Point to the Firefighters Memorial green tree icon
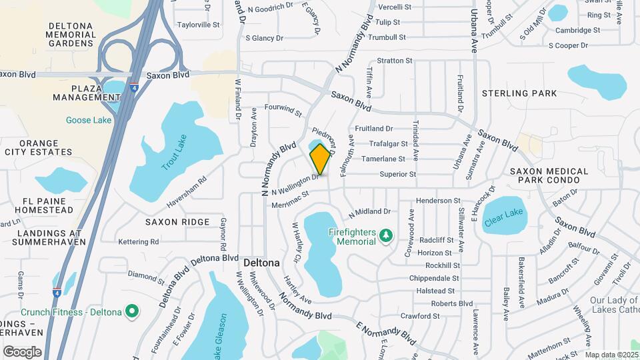click(x=385, y=235)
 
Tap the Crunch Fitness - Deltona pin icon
click(x=132, y=311)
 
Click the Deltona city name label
click(x=261, y=263)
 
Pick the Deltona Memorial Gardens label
click(x=70, y=35)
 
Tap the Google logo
click(x=22, y=351)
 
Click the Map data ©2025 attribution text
click(x=611, y=355)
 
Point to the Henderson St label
click(x=438, y=201)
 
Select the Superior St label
click(x=397, y=175)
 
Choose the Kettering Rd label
click(x=139, y=241)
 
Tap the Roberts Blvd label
click(x=452, y=303)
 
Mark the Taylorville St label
click(x=198, y=25)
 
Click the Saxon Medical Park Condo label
click(x=549, y=176)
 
